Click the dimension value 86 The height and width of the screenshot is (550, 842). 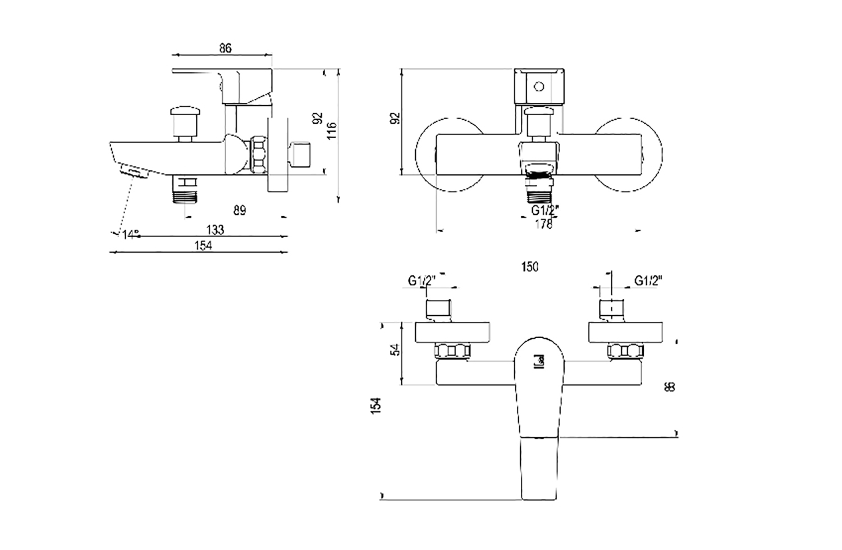tap(225, 48)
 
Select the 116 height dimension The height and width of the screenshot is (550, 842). tap(332, 131)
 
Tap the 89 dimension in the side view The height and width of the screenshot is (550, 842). tap(240, 211)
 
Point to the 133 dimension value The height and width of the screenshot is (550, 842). tap(215, 229)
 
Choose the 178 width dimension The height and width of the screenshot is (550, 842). tap(543, 224)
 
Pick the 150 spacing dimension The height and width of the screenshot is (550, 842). tap(529, 267)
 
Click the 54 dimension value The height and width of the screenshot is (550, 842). tap(396, 349)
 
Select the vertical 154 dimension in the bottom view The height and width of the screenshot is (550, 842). tap(376, 406)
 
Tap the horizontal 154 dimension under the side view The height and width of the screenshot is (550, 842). tap(203, 246)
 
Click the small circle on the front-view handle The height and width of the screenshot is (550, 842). tap(539, 87)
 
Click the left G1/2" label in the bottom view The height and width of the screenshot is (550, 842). tap(422, 280)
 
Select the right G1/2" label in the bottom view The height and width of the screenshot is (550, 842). tap(648, 280)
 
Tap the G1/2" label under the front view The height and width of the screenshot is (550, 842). tap(544, 211)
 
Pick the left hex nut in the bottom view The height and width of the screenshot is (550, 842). tap(452, 352)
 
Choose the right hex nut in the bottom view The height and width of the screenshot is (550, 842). tap(625, 352)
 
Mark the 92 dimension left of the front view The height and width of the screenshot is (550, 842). tap(395, 118)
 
